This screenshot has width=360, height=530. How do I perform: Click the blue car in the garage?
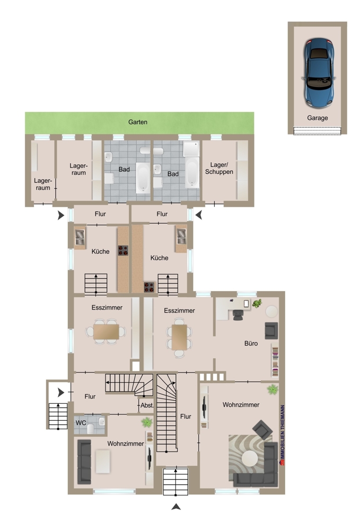click(319, 73)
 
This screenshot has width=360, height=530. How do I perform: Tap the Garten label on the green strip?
click(137, 122)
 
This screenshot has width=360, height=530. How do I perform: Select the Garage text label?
click(318, 118)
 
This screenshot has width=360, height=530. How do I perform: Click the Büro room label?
click(251, 343)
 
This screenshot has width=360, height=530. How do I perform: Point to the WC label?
click(81, 423)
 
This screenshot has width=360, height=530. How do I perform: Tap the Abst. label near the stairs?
click(147, 405)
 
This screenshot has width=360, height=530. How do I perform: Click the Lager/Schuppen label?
click(219, 169)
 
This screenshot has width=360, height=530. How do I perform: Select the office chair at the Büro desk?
click(238, 314)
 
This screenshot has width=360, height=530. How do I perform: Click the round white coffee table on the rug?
click(250, 459)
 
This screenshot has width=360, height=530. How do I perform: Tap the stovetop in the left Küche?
click(123, 251)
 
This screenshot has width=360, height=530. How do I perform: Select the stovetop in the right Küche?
click(149, 287)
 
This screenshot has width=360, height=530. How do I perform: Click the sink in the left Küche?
click(80, 237)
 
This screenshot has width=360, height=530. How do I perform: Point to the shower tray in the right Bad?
click(191, 149)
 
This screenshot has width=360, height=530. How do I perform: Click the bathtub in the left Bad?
click(143, 178)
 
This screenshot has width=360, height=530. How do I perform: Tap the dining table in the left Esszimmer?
click(106, 332)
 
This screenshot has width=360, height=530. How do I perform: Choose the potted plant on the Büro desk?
click(258, 303)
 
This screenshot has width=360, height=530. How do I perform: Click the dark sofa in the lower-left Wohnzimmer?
click(84, 462)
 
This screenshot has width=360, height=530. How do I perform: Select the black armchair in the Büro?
click(271, 331)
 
